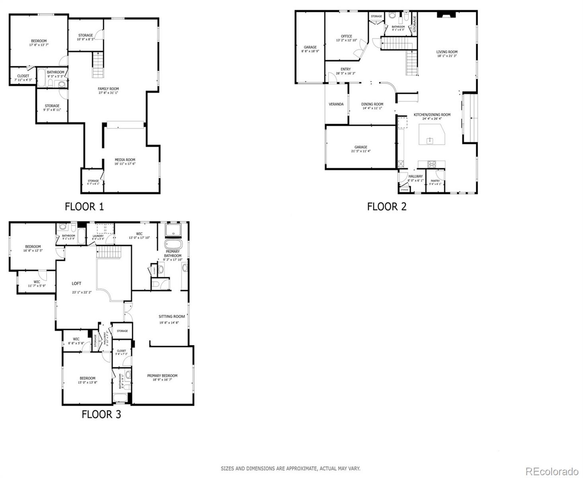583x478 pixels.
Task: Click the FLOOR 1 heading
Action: pos(84,206)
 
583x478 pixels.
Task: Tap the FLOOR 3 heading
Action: pos(101,414)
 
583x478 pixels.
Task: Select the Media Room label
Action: pos(125,160)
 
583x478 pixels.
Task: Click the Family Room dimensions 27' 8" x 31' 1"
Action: pos(108,93)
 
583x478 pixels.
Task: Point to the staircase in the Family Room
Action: pos(98,65)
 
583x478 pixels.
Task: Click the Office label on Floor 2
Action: pos(346,36)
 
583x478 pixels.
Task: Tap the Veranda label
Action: pos(336,104)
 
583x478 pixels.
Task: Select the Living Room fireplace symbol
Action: pos(445,15)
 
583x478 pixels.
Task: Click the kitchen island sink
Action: pos(430,141)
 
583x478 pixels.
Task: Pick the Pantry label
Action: pos(435,181)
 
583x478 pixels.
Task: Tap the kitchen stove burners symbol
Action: pos(432,164)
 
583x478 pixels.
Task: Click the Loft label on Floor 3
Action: pos(76,284)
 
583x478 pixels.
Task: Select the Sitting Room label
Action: pos(172,317)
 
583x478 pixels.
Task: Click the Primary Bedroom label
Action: pos(162,376)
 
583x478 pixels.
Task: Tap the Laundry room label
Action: pos(98,236)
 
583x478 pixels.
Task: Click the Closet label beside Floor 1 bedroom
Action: pos(23,76)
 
